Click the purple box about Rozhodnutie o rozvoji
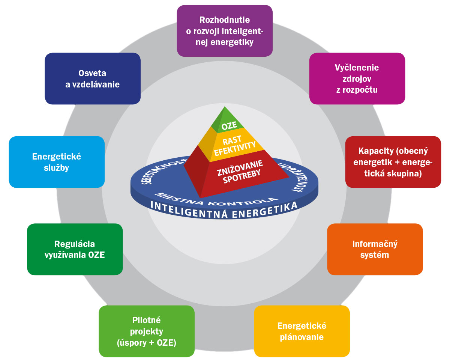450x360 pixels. coord(225,31)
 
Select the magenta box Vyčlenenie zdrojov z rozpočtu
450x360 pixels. coord(357,78)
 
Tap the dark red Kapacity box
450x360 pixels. coord(393,162)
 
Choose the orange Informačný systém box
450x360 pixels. coord(375,249)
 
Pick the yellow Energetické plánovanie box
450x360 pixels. coord(302,331)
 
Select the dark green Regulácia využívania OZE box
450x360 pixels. coord(75,249)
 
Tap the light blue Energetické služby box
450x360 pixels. coord(57,162)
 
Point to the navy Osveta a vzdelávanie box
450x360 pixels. coord(93,78)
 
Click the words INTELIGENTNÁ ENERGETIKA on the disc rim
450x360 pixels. coord(224,211)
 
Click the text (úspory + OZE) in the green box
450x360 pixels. coord(147,342)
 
